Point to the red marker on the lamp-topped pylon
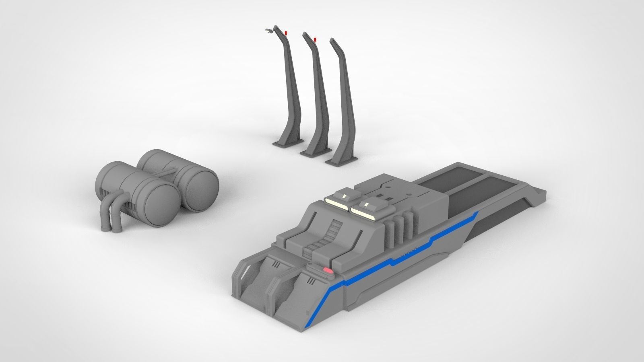[x=286, y=32]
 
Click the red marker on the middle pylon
[x=314, y=39]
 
